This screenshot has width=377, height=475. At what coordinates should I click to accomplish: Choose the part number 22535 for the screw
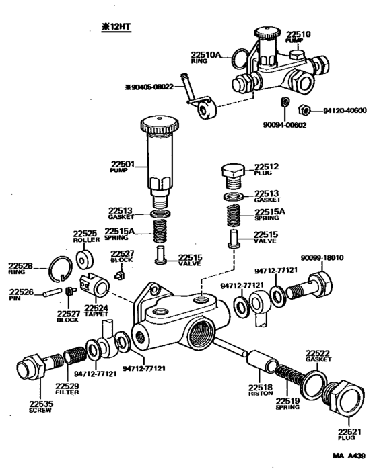(x=40, y=403)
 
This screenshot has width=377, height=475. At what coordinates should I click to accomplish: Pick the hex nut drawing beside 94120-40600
(x=304, y=111)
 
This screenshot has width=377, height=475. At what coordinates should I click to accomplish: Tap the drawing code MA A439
(x=348, y=455)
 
